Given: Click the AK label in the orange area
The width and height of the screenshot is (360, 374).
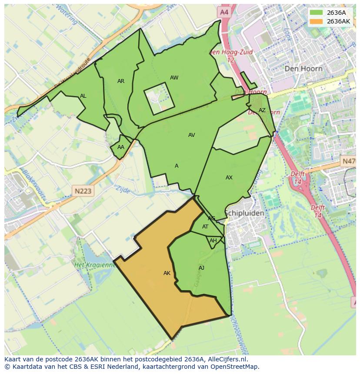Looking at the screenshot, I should click(x=167, y=273).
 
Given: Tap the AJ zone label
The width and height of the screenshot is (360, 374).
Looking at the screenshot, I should click(x=201, y=268).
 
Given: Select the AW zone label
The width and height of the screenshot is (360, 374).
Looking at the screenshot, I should click(x=174, y=78).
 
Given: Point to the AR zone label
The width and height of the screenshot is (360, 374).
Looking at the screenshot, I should click(x=121, y=81).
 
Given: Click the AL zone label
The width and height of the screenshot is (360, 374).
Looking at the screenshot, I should click(x=83, y=96).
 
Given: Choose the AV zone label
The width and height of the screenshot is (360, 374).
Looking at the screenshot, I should click(x=191, y=135).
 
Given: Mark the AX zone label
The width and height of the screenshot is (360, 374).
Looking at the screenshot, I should click(x=229, y=178).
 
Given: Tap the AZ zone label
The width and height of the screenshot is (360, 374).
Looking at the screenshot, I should click(x=262, y=110).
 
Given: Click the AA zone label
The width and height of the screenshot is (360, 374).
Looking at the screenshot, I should click(x=121, y=147).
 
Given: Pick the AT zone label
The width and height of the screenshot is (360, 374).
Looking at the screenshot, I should click(x=205, y=227).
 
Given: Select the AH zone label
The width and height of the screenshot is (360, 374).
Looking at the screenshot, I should click(x=213, y=241).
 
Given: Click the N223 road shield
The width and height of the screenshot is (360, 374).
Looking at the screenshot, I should click(x=83, y=191).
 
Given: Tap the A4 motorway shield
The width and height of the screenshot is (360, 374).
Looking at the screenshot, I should click(x=224, y=13).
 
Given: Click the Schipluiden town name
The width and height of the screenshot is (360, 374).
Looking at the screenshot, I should click(x=244, y=213).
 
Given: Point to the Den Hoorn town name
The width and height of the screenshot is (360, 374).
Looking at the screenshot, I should click(x=303, y=69).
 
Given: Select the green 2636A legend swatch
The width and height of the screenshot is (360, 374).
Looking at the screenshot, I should click(x=317, y=13).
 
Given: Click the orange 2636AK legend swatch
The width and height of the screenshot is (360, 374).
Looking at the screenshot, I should click(x=317, y=21).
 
